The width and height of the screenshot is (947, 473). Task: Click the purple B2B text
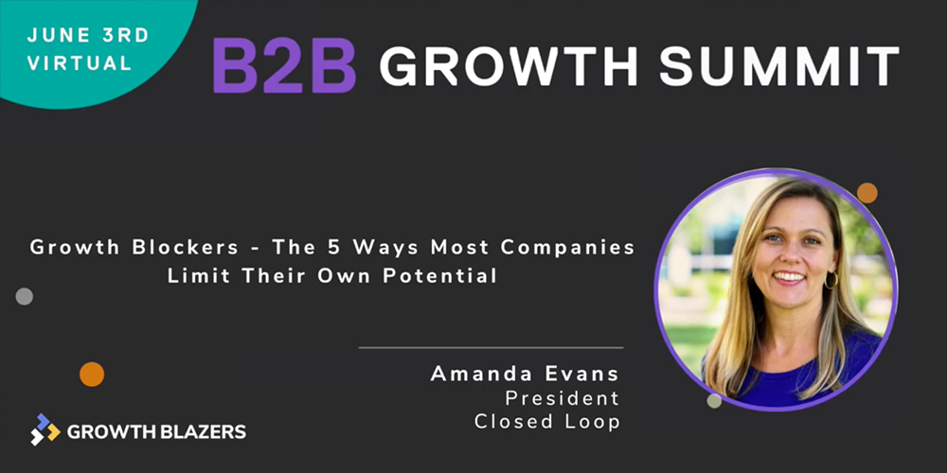tap(284, 66)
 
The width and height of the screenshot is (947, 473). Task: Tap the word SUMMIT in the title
tap(779, 65)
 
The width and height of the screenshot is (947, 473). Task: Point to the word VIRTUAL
tap(80, 62)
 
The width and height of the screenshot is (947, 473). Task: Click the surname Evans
tap(581, 374)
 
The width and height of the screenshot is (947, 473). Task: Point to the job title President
tap(563, 397)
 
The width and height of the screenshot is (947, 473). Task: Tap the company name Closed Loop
tap(547, 421)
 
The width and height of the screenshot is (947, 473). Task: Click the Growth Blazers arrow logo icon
tap(45, 429)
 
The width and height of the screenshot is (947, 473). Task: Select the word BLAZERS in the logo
tap(205, 431)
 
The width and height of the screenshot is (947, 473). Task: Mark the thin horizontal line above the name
tap(491, 347)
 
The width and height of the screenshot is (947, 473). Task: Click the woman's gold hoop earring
tap(831, 280)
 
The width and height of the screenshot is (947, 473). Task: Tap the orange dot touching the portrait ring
tap(867, 193)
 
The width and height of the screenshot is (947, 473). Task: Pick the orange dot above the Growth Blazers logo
tap(92, 374)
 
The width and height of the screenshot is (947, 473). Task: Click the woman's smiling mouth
tap(789, 277)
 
